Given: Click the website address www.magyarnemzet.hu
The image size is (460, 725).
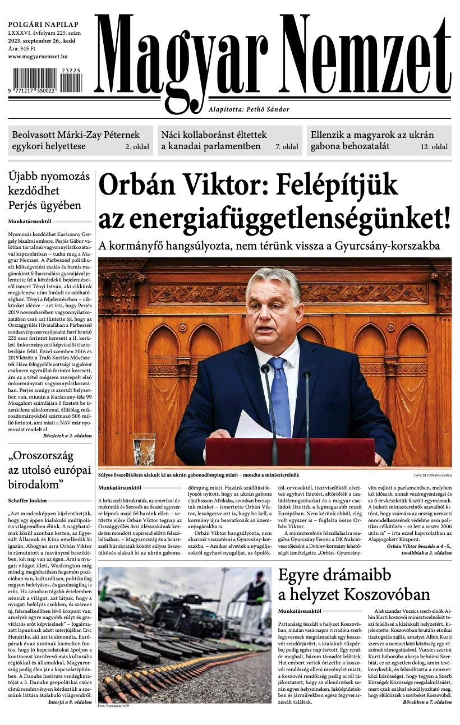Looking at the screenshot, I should (38, 57).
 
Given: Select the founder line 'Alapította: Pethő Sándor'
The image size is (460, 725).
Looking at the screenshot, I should (249, 109).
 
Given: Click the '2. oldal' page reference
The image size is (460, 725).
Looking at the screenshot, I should (136, 147).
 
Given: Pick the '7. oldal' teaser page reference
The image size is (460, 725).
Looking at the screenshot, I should (286, 147).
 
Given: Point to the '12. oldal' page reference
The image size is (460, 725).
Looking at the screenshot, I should (434, 147).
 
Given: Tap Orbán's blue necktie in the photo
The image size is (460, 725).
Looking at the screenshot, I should (279, 392).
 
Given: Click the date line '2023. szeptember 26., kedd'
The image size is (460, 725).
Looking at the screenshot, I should (43, 41).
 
